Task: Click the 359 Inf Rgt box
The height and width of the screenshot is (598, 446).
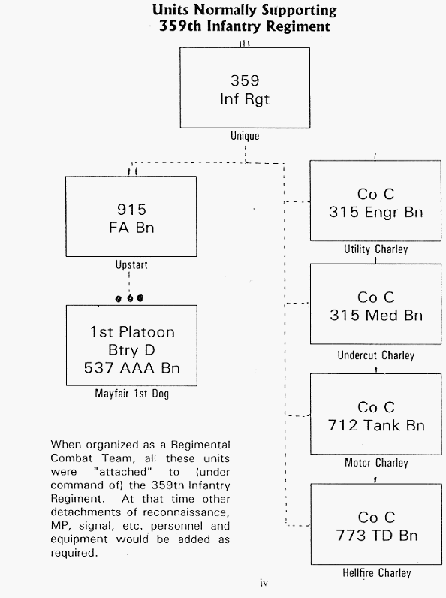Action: pyautogui.click(x=245, y=88)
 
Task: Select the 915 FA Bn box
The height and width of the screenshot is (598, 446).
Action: pyautogui.click(x=131, y=216)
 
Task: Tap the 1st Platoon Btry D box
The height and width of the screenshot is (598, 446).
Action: pyautogui.click(x=131, y=346)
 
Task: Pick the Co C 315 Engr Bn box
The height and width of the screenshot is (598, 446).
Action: pyautogui.click(x=375, y=201)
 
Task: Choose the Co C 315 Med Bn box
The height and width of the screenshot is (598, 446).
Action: pyautogui.click(x=376, y=304)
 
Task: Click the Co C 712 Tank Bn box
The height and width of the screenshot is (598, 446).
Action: pyautogui.click(x=376, y=414)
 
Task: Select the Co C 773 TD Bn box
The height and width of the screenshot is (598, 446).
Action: pyautogui.click(x=376, y=524)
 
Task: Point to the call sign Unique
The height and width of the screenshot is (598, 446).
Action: pyautogui.click(x=245, y=136)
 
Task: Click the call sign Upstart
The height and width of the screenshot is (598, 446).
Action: pyautogui.click(x=131, y=264)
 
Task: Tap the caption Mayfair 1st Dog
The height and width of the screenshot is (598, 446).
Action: pyautogui.click(x=132, y=393)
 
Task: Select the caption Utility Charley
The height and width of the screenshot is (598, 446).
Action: pyautogui.click(x=376, y=249)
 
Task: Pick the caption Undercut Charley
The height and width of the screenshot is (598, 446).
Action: pyautogui.click(x=376, y=355)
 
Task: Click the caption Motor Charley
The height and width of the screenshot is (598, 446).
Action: pyautogui.click(x=376, y=463)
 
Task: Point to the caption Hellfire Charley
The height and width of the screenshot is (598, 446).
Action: pyautogui.click(x=377, y=572)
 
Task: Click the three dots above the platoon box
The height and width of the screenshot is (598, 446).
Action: pyautogui.click(x=130, y=298)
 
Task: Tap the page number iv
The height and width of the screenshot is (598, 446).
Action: pyautogui.click(x=264, y=583)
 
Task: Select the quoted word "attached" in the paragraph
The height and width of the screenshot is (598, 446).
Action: pyautogui.click(x=122, y=472)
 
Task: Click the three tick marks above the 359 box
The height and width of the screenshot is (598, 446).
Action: pyautogui.click(x=244, y=44)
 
